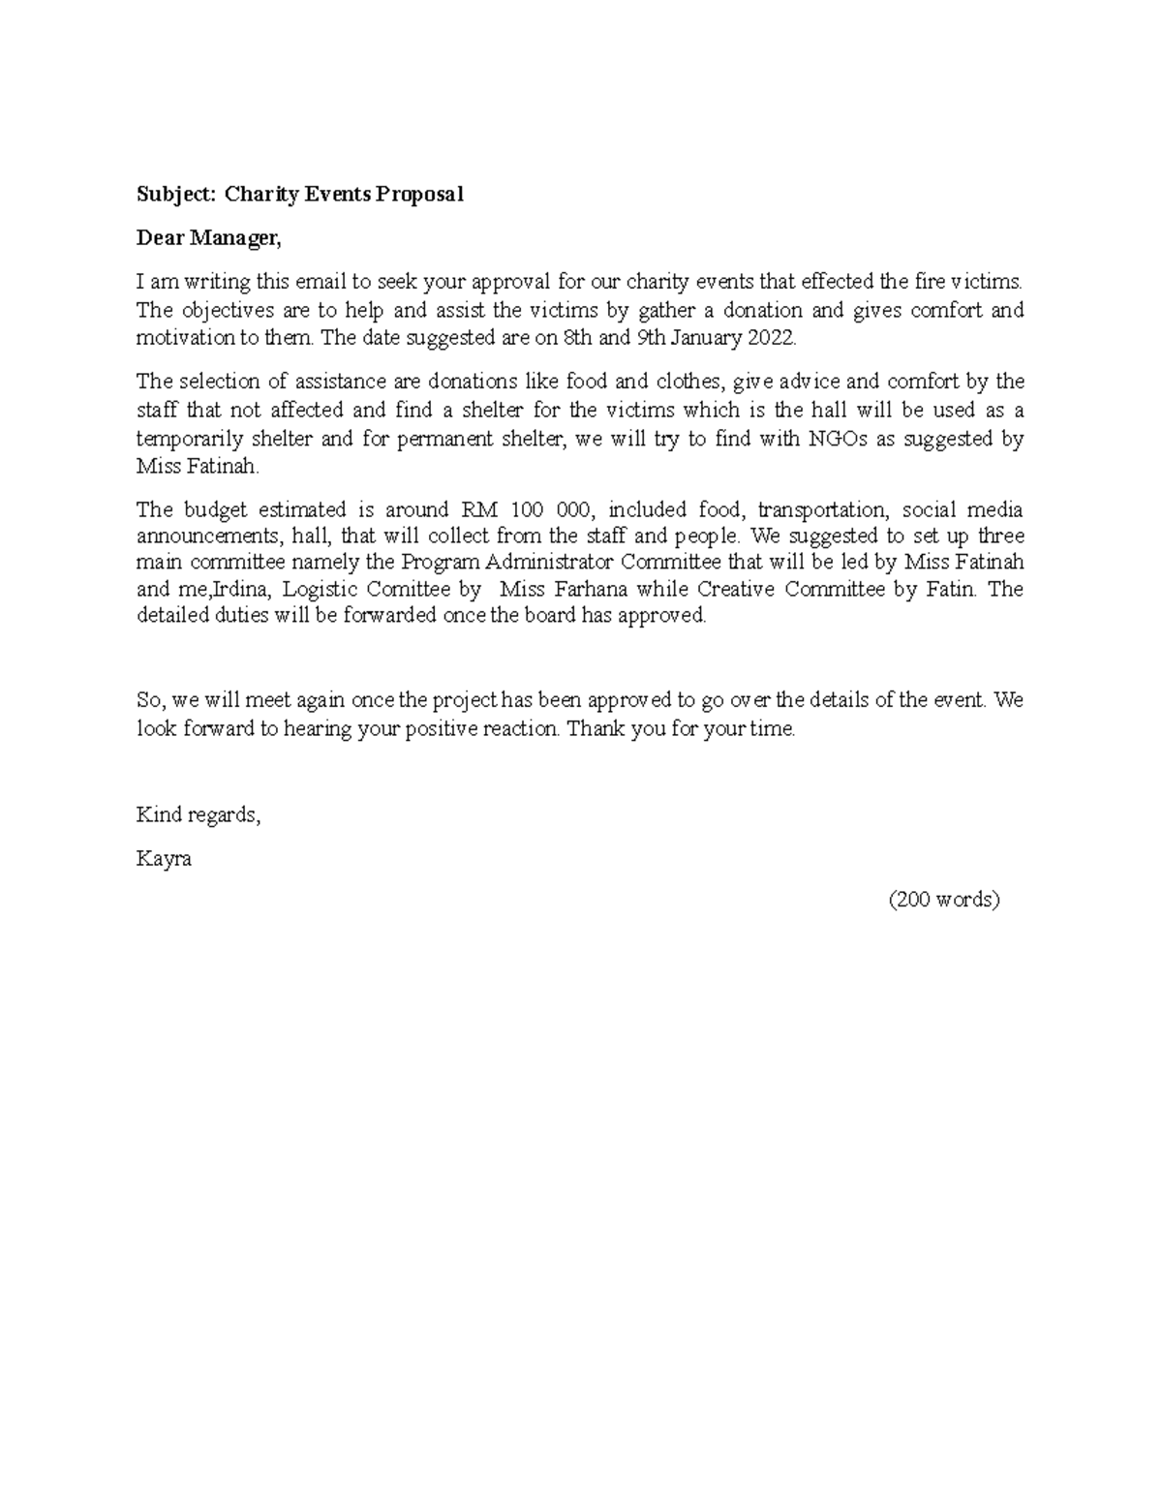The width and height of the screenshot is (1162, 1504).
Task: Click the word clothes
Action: click(691, 382)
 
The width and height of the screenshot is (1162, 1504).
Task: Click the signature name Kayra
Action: click(164, 858)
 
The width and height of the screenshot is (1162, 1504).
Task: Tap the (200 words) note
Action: click(944, 900)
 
